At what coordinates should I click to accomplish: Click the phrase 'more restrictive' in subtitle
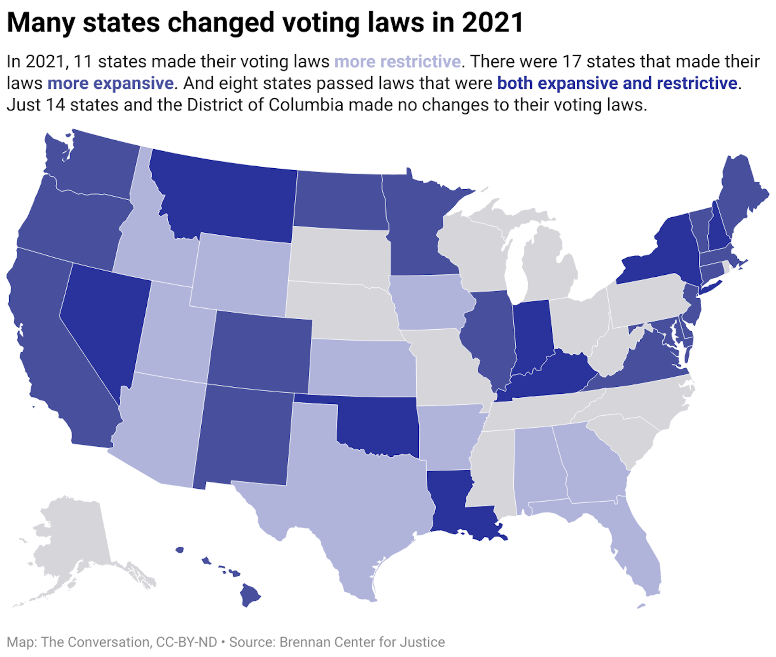(x=397, y=62)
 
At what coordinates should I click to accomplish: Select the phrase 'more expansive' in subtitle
(x=110, y=83)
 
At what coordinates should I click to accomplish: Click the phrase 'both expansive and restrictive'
(x=617, y=83)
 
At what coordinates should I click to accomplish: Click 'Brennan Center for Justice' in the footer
(x=362, y=642)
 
